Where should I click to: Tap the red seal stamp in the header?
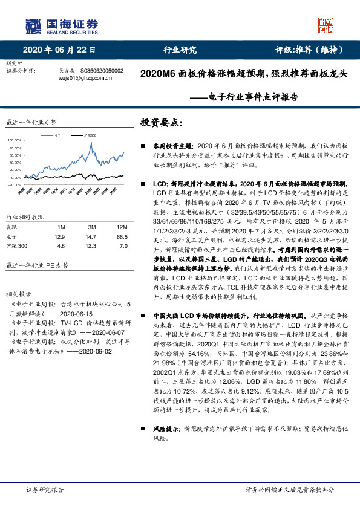tap(326, 25)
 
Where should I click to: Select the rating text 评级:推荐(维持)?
tap(310, 50)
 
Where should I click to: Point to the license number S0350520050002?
tap(102, 71)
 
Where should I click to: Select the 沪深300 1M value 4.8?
tap(60, 246)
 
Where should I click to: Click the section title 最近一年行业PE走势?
tap(38, 265)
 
